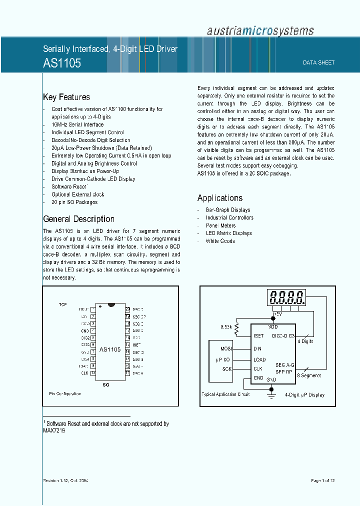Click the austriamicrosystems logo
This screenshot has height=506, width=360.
coord(260,30)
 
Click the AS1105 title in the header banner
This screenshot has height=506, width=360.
coord(62,63)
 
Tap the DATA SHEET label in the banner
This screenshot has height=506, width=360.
coord(318,62)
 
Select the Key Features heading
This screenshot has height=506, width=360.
coord(66,97)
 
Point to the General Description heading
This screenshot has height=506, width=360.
coord(78,219)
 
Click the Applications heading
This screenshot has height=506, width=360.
coord(219,198)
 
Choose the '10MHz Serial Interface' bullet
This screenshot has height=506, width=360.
coord(77,124)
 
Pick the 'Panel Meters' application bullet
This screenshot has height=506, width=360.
coord(220,225)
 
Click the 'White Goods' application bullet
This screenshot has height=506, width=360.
coord(220,241)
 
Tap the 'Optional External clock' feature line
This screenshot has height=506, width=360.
coord(77,194)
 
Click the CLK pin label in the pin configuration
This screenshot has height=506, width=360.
coord(84,373)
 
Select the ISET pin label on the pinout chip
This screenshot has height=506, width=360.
coord(137,344)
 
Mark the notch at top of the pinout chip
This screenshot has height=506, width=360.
coord(111,304)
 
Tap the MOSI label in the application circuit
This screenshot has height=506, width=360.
coord(226,348)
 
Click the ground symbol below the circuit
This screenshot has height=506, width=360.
coord(272,395)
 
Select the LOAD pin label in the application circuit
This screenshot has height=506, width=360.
coord(259,359)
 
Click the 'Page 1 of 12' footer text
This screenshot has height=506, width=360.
coord(322,480)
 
